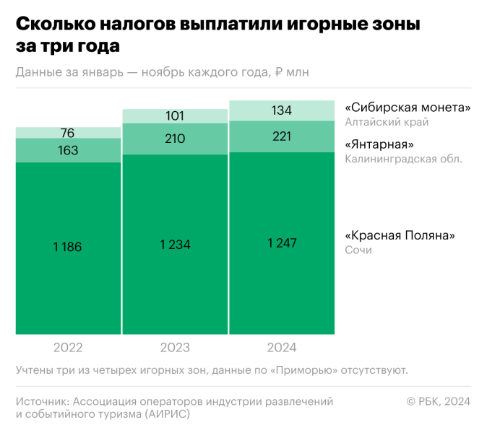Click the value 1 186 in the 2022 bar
click(x=68, y=247)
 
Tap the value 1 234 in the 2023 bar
click(x=175, y=245)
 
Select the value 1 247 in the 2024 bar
click(x=282, y=243)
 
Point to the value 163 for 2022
click(x=68, y=151)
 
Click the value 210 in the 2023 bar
click(x=175, y=139)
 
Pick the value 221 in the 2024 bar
click(x=282, y=136)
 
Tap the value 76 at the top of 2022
click(x=68, y=133)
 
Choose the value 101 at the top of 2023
click(x=175, y=115)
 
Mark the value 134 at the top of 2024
click(x=282, y=110)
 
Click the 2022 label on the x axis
click(x=68, y=348)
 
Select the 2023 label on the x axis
click(x=175, y=348)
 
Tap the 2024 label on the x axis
click(x=282, y=348)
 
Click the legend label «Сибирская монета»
click(x=408, y=108)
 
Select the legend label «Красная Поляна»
click(x=402, y=235)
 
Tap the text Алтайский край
click(x=382, y=122)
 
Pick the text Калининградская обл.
click(x=403, y=158)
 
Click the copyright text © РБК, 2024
click(x=439, y=401)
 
